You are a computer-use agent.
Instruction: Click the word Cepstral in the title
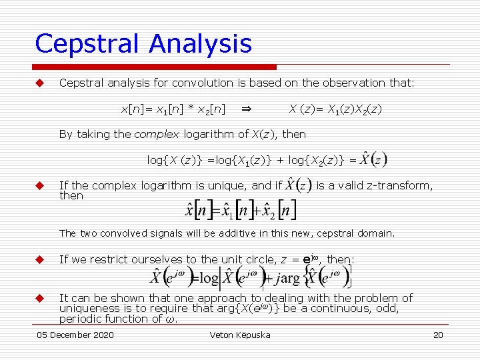(88, 44)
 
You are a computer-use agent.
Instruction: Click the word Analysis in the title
(201, 44)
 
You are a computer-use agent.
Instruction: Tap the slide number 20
(438, 335)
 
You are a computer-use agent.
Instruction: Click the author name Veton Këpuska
(240, 335)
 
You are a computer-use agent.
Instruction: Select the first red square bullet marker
(39, 83)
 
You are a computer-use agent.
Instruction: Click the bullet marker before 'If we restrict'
(39, 259)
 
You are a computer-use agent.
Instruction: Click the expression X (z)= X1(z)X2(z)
(335, 108)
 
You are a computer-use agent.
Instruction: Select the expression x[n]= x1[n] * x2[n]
(172, 108)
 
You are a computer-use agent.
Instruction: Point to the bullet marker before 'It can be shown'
(39, 299)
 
